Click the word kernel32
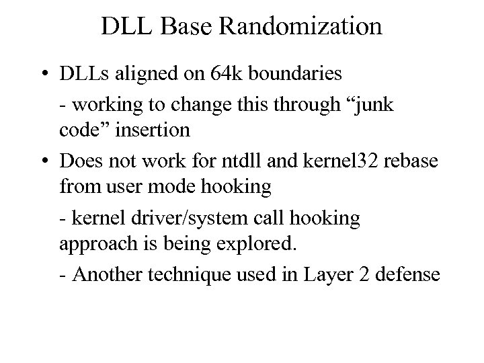323,162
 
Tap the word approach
92,243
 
